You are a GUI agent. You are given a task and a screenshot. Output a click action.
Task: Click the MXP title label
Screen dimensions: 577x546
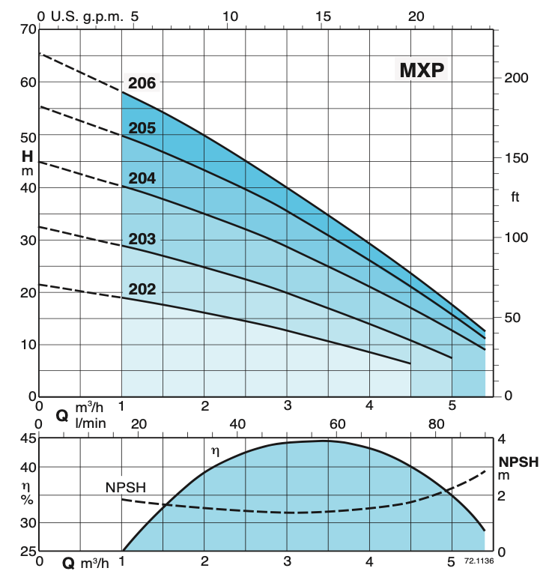click(422, 70)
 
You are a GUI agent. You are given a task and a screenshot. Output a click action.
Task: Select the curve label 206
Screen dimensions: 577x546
click(142, 83)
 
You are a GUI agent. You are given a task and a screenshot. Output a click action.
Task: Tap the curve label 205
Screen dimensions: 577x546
click(142, 128)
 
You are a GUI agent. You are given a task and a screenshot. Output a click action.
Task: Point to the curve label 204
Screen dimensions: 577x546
click(142, 178)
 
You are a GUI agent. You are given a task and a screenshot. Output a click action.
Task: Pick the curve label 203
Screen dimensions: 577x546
click(142, 240)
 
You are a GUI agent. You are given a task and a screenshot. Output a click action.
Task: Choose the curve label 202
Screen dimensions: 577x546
click(142, 289)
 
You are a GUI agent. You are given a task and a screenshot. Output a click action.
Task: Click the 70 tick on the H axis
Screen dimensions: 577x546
click(27, 30)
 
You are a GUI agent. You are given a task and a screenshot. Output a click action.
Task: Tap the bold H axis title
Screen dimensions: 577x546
click(27, 157)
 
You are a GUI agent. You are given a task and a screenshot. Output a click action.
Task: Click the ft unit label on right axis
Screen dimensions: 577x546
click(515, 197)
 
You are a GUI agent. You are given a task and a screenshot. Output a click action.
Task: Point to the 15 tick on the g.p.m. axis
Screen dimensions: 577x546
click(324, 16)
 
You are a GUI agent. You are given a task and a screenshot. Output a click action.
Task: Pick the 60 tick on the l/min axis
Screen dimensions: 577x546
click(337, 424)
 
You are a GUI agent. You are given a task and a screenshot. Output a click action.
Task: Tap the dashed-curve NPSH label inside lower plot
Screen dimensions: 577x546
click(125, 488)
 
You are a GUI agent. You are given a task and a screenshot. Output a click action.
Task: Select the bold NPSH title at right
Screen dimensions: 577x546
click(518, 462)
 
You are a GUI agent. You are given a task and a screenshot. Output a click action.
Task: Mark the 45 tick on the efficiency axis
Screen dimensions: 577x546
click(28, 439)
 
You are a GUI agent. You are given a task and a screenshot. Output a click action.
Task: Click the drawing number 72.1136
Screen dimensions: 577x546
click(479, 560)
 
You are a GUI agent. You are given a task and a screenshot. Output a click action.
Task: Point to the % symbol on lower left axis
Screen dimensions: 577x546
click(27, 501)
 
